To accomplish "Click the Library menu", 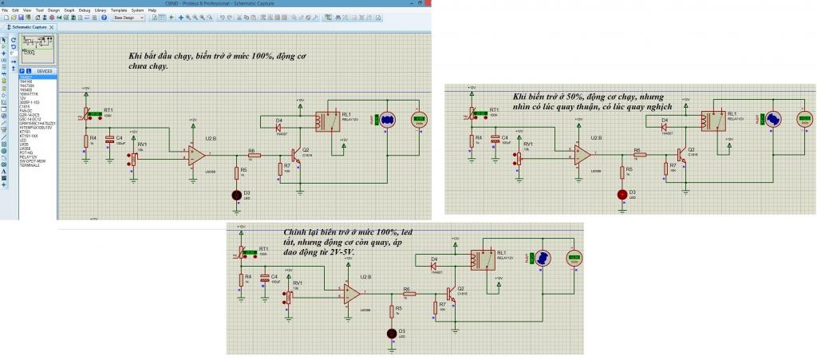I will point(100,10).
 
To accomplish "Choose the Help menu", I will point(152,10).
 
